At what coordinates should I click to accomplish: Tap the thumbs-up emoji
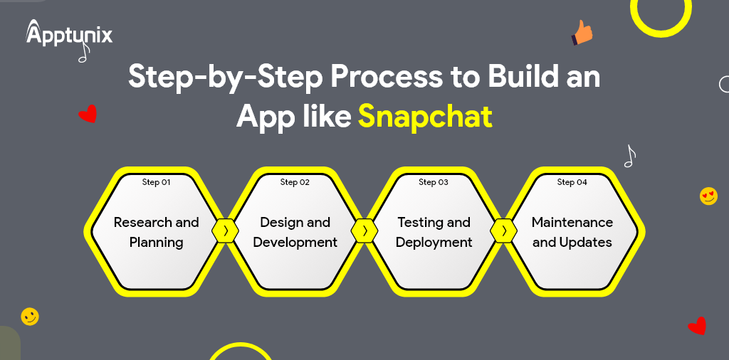click(x=582, y=33)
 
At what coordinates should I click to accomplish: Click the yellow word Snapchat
click(x=425, y=116)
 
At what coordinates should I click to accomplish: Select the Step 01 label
click(x=157, y=182)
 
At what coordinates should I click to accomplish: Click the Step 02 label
click(x=295, y=182)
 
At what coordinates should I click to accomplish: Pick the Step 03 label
click(x=434, y=182)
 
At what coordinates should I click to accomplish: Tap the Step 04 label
click(x=572, y=182)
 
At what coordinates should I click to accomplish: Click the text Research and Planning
click(x=157, y=232)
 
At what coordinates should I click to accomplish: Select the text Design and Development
click(x=295, y=232)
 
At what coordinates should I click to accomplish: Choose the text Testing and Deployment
click(x=434, y=232)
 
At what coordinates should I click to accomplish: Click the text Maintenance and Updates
click(x=572, y=232)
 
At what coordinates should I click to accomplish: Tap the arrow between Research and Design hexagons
click(x=226, y=231)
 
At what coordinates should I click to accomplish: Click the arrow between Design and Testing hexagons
click(x=364, y=231)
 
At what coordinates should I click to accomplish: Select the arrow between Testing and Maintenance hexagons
click(x=503, y=231)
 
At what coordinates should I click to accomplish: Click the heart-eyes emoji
click(x=708, y=196)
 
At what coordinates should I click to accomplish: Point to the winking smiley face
click(x=30, y=317)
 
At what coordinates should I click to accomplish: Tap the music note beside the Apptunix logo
click(x=83, y=52)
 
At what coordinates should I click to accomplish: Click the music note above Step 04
click(x=629, y=156)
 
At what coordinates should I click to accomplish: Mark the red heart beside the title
click(x=88, y=114)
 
